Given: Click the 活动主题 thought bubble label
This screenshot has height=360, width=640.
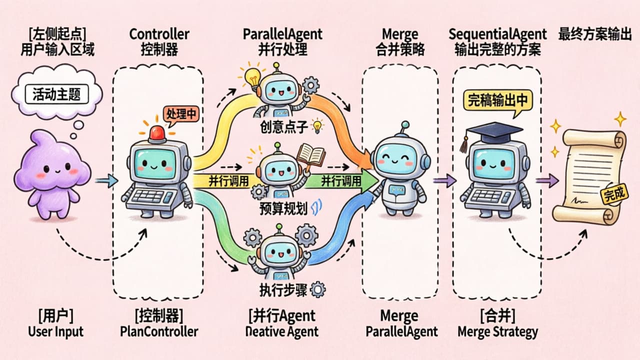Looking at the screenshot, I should point(56,94).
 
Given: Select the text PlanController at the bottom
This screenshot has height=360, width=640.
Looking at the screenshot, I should point(159,331).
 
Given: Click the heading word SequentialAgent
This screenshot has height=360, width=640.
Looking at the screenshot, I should point(497,34).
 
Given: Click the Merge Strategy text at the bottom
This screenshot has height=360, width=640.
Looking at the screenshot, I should point(497,331).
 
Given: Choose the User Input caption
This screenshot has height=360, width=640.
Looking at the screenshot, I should point(55,331).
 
